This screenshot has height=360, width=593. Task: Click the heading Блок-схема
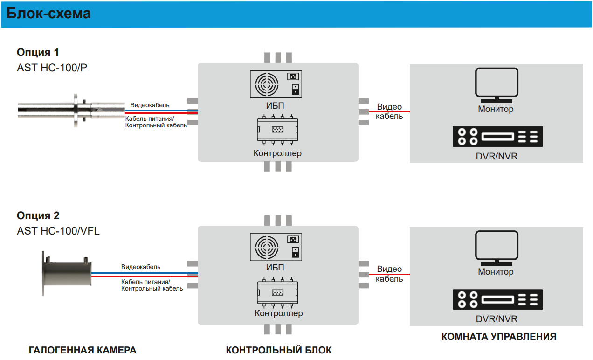tap(48, 14)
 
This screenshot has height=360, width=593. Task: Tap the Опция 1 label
tap(38, 52)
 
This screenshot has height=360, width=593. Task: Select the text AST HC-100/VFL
tap(58, 231)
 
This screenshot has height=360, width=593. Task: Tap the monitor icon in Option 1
tap(496, 85)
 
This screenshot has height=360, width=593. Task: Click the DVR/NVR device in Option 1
tap(497, 137)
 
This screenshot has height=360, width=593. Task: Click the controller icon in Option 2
tap(277, 293)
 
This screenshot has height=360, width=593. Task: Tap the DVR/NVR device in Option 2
tap(497, 300)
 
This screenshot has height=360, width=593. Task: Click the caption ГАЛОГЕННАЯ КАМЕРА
tap(83, 350)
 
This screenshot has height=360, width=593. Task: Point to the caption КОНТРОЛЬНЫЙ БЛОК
tap(279, 350)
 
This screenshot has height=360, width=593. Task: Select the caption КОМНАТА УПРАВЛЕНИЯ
tap(499, 337)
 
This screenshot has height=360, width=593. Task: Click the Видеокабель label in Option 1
tap(150, 105)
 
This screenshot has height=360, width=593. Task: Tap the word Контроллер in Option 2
tap(279, 313)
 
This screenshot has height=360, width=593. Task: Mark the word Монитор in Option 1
tap(496, 109)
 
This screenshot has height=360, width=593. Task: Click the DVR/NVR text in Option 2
tap(496, 319)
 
